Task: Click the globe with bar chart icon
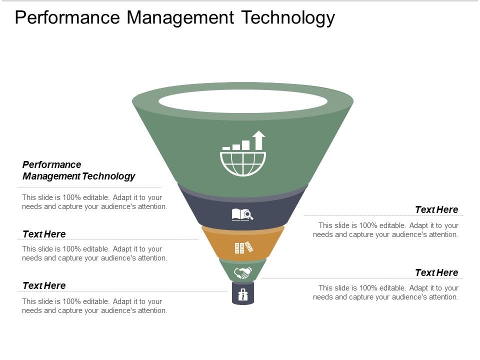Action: pos(243,155)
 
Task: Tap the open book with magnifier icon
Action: pos(242,215)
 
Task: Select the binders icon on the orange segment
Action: pos(243,247)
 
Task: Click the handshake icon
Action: pos(243,272)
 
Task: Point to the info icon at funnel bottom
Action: pos(243,295)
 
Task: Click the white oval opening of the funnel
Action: pos(243,101)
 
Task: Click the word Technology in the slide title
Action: pos(288,17)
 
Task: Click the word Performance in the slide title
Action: pos(67,17)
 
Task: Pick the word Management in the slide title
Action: pos(180,17)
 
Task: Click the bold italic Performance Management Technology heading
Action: pos(79,170)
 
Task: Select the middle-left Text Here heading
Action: pos(44,234)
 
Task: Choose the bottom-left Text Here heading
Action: pos(44,285)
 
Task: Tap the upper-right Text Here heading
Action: pos(436,209)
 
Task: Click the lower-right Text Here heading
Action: pos(436,272)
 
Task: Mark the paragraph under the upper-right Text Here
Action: pos(385,230)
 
